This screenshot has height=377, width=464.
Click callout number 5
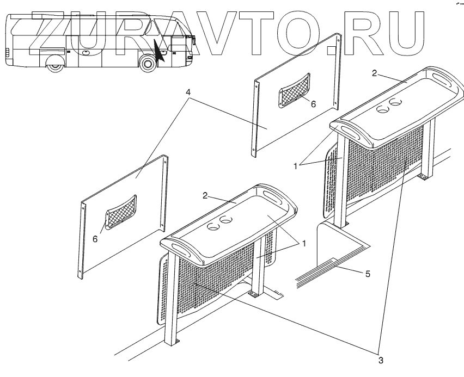tap(368, 274)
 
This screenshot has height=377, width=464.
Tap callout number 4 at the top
tap(188, 92)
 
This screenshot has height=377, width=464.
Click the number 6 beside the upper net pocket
tap(313, 104)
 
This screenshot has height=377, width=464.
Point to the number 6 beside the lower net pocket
tap(95, 238)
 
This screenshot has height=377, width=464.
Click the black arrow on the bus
tap(160, 51)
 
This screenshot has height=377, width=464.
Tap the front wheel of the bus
tap(148, 64)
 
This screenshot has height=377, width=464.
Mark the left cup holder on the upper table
tap(383, 109)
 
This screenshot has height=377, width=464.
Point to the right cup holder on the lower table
tap(225, 220)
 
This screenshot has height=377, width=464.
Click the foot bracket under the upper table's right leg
tap(423, 177)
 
